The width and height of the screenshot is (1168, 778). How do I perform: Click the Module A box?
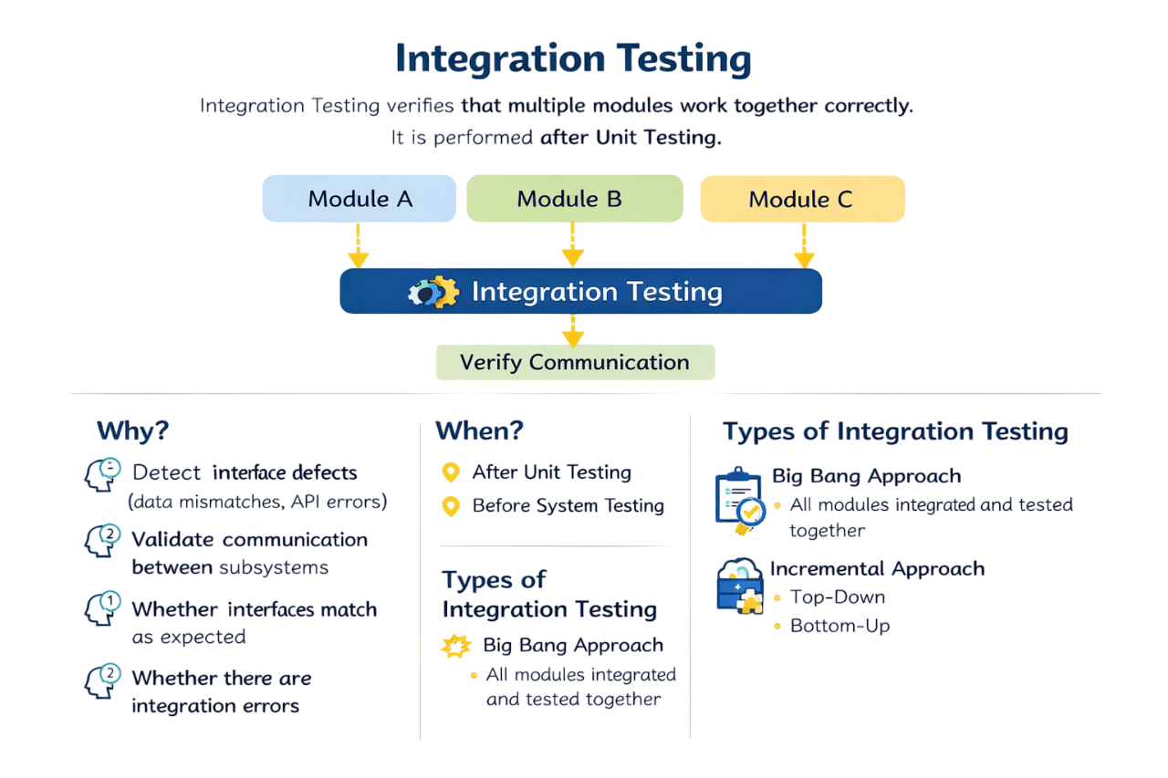click(x=359, y=199)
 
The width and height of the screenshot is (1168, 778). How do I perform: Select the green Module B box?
click(x=574, y=199)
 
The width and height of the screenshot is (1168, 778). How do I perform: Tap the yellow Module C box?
click(x=802, y=199)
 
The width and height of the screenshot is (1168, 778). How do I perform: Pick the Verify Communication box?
click(x=575, y=362)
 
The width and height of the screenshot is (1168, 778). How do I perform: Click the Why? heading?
click(x=133, y=430)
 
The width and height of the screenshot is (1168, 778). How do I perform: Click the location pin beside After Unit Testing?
click(x=450, y=472)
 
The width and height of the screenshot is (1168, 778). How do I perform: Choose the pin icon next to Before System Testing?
click(x=450, y=506)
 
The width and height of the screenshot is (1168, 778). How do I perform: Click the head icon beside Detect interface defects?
click(x=103, y=474)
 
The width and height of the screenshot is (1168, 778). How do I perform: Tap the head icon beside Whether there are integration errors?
click(x=103, y=681)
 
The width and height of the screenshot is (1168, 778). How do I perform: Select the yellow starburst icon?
click(x=455, y=646)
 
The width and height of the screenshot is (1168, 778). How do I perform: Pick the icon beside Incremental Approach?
click(x=739, y=587)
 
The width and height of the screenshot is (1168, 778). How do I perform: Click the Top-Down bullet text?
click(x=838, y=597)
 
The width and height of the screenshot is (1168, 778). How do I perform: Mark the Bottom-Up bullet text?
click(x=839, y=626)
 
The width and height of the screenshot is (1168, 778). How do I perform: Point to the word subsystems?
click(x=274, y=567)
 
